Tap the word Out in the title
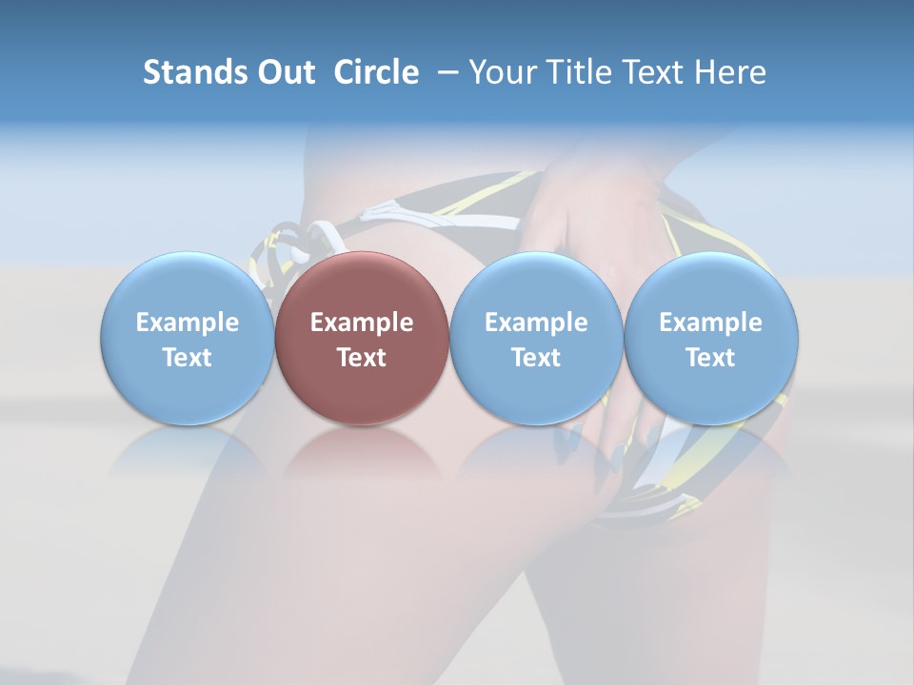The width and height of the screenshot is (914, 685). [x=284, y=72]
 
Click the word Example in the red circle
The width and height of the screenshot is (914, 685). [x=362, y=323]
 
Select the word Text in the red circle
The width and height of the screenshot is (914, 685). [x=362, y=358]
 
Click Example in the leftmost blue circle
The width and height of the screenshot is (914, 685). [x=188, y=323]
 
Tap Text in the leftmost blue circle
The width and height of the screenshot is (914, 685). [x=188, y=358]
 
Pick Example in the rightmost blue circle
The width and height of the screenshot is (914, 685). [x=710, y=323]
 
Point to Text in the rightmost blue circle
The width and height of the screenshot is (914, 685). [x=710, y=358]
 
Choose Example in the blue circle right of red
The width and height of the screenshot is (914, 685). [x=536, y=323]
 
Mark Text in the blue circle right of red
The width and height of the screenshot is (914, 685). [x=536, y=358]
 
